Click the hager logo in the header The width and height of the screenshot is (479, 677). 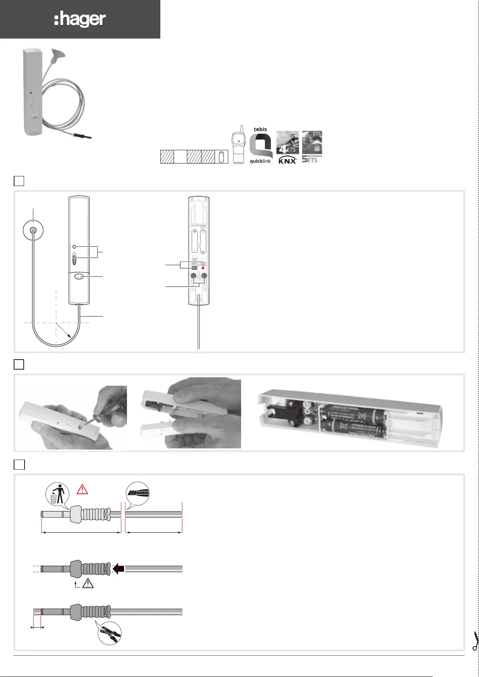click(x=80, y=20)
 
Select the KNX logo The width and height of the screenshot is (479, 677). click(x=288, y=160)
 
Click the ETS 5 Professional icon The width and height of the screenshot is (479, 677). click(x=312, y=147)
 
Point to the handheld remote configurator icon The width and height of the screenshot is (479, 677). click(x=239, y=145)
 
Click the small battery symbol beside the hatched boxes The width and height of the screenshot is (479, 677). click(x=221, y=157)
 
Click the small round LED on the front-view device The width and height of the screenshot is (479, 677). click(x=74, y=246)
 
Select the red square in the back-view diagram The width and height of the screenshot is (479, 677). click(x=203, y=268)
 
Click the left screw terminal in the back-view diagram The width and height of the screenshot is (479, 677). click(x=194, y=276)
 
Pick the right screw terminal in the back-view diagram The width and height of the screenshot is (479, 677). click(x=205, y=276)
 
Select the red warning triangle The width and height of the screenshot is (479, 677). click(x=82, y=489)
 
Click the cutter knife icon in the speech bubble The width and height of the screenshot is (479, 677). click(x=138, y=493)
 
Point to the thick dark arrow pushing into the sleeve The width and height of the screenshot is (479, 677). click(x=118, y=569)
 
